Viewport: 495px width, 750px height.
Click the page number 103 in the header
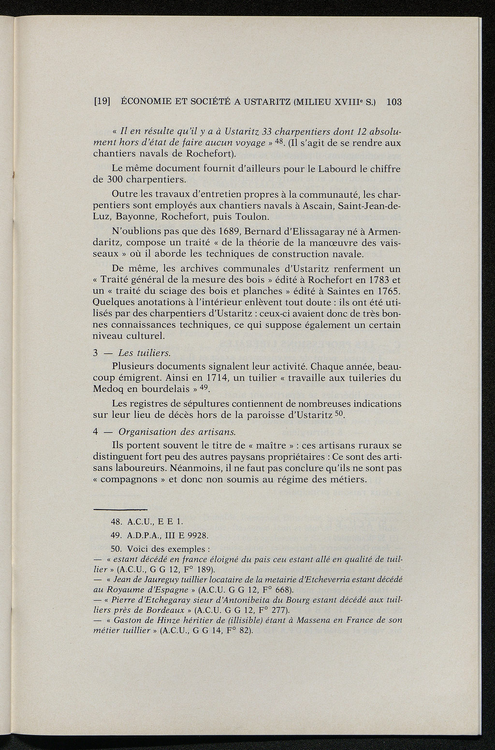coord(394,102)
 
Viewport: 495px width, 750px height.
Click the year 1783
coord(376,280)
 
